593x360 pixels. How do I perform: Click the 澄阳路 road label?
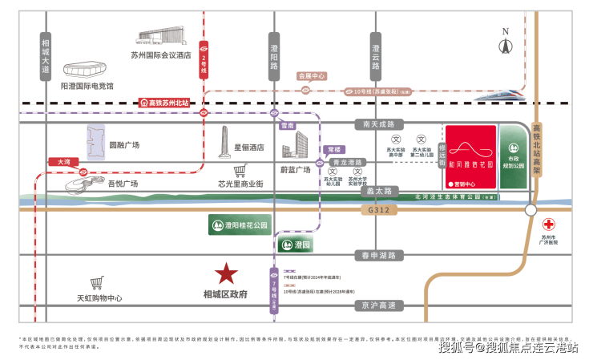(275, 54)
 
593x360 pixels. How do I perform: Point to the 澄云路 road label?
(376, 54)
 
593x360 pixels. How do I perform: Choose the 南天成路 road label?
(376, 124)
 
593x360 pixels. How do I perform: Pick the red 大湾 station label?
(63, 161)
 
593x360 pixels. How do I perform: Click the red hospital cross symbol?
(549, 225)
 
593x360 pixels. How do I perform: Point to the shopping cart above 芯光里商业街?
(240, 172)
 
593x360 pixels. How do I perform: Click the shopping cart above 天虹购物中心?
(98, 283)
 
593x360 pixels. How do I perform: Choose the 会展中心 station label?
(312, 76)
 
